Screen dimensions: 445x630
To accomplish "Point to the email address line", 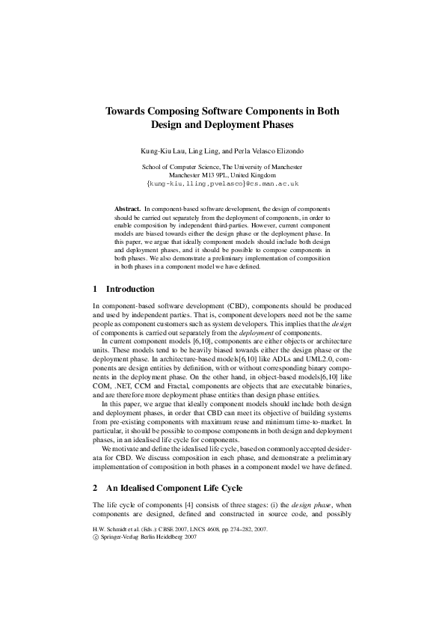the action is point(222,183).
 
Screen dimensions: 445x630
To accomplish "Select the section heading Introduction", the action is point(130,289).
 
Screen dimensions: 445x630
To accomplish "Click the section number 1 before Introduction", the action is point(95,289).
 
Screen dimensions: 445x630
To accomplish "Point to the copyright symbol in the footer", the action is point(95,536).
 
